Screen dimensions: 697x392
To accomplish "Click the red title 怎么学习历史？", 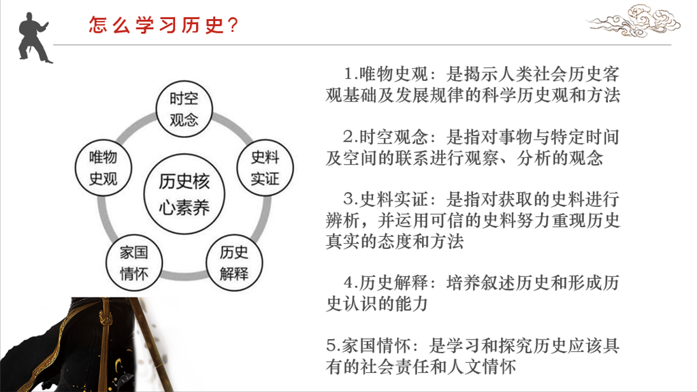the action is pyautogui.click(x=163, y=25).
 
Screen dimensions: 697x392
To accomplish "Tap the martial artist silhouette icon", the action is pyautogui.click(x=34, y=38).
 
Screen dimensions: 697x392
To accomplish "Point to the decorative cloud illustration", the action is pyautogui.click(x=634, y=20).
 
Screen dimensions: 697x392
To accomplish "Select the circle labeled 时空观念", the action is pyautogui.click(x=184, y=110).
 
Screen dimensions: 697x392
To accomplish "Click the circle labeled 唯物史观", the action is pyautogui.click(x=103, y=168).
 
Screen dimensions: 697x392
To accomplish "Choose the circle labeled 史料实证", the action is pyautogui.click(x=265, y=168).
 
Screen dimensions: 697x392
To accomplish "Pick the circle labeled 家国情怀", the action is pyautogui.click(x=134, y=263).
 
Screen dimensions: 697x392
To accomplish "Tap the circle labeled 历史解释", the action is pyautogui.click(x=234, y=263).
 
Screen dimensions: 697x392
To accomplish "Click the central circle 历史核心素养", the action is pyautogui.click(x=184, y=194).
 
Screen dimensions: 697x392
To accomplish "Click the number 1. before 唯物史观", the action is pyautogui.click(x=351, y=73).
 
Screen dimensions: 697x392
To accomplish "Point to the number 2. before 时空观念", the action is pyautogui.click(x=351, y=137).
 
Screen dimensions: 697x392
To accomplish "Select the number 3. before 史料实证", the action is pyautogui.click(x=351, y=199).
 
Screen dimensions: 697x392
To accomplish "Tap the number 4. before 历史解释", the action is pyautogui.click(x=351, y=282).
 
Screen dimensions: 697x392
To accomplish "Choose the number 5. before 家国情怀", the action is pyautogui.click(x=334, y=345).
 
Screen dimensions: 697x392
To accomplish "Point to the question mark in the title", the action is pyautogui.click(x=233, y=25).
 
